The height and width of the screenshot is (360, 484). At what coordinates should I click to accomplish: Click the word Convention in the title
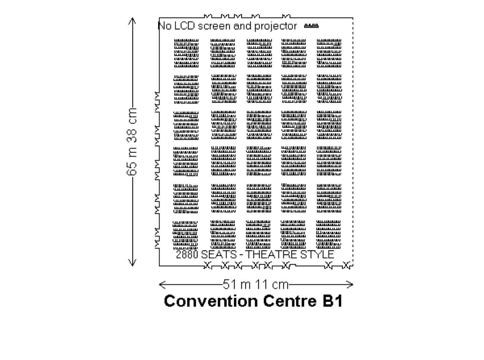pos(211,301)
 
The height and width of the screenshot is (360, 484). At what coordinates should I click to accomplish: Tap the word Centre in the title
pos(290,301)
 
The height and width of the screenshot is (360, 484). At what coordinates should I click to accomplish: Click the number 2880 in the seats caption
pos(187,255)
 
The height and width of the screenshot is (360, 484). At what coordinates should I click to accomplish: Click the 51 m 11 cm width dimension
pos(255,284)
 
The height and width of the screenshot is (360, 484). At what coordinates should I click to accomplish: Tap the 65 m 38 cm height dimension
pos(132,141)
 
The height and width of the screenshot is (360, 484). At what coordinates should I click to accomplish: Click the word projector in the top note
pos(276,26)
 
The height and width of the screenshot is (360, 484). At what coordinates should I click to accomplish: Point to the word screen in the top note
pos(214,26)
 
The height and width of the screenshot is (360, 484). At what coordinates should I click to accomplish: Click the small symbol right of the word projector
pos(311,26)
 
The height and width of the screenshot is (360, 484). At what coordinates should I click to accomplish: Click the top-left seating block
pos(186,53)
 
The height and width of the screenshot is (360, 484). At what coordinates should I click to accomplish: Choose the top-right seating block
pos(329,53)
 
